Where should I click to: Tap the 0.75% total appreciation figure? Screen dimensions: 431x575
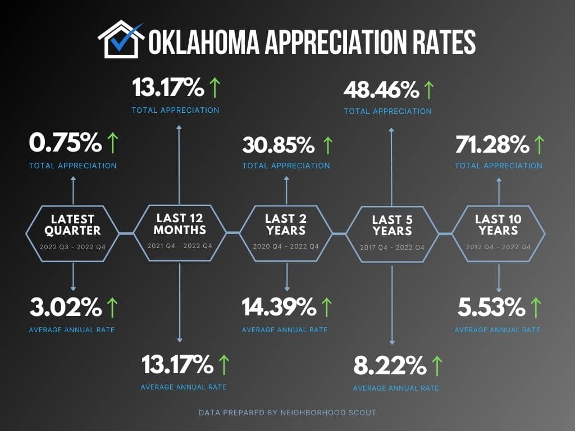(x=65, y=144)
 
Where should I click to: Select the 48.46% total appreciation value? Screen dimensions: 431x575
(x=381, y=89)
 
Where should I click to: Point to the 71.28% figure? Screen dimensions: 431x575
(x=492, y=144)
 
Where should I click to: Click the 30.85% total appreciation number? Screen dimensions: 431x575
(x=279, y=145)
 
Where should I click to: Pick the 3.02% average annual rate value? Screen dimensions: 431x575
(x=65, y=307)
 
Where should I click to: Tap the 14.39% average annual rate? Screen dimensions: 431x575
(x=279, y=307)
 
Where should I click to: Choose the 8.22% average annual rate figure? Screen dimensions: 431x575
(x=389, y=366)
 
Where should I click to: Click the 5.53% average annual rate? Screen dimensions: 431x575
(x=491, y=307)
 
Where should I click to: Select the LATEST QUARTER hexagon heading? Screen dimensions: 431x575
(x=72, y=224)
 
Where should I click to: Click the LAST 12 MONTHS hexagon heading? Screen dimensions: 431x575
(x=180, y=223)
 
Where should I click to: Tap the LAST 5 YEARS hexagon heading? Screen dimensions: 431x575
(x=392, y=225)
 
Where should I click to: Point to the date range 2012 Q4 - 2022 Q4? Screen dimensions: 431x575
(x=498, y=247)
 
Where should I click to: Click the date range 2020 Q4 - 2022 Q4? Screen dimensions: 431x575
(x=286, y=246)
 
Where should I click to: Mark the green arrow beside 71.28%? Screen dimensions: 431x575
(x=539, y=145)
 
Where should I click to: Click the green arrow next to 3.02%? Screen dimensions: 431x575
(x=112, y=307)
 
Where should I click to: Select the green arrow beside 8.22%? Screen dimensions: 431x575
(x=436, y=366)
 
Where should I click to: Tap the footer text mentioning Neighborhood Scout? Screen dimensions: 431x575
(x=287, y=412)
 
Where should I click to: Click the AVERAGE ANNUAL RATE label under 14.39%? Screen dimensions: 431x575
(x=285, y=329)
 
